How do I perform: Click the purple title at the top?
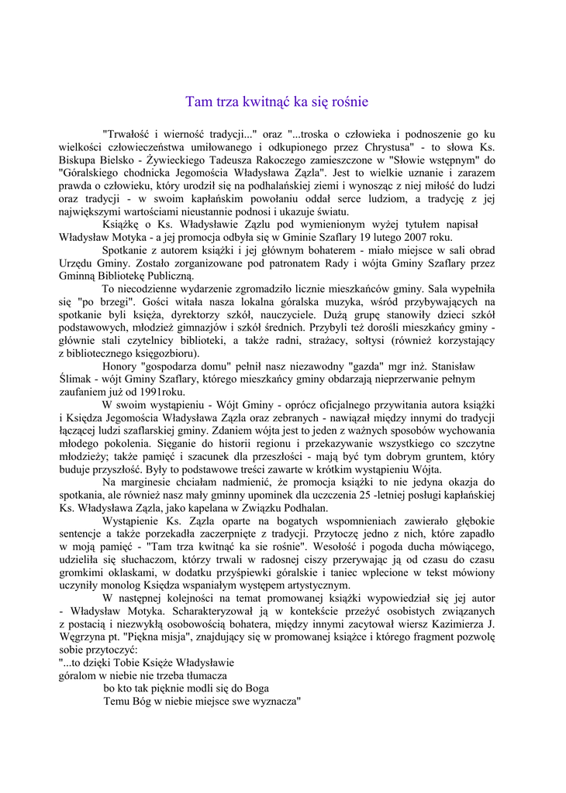coord(277,101)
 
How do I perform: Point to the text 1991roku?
coord(159,392)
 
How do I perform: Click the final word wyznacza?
coord(271,702)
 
